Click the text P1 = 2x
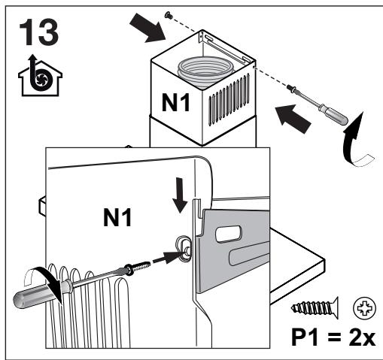coord(333,333)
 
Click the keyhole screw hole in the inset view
coord(183,245)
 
